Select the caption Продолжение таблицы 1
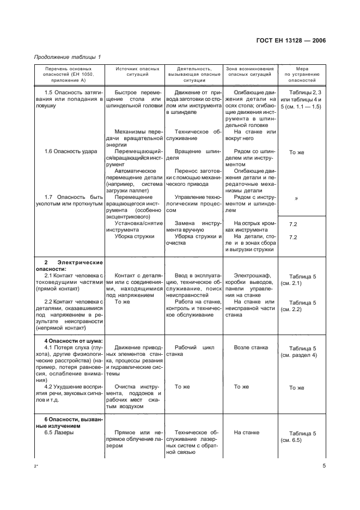68,57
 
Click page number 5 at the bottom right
324,466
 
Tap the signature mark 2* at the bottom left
36,467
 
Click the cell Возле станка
249,348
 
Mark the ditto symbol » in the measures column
296,198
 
